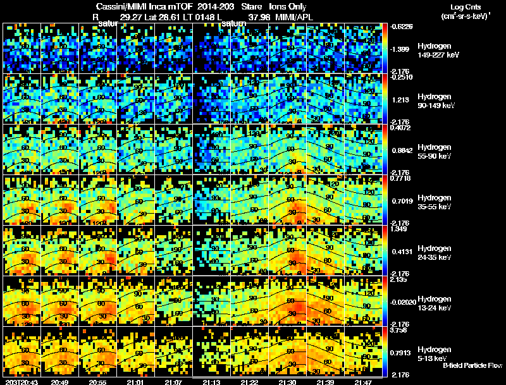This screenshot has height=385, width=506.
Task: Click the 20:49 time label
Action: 61,382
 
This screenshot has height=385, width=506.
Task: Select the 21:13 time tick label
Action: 212,382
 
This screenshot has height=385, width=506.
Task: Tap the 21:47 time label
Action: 363,382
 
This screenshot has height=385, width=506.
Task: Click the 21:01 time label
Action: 136,382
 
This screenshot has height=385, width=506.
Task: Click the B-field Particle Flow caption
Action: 472,365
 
